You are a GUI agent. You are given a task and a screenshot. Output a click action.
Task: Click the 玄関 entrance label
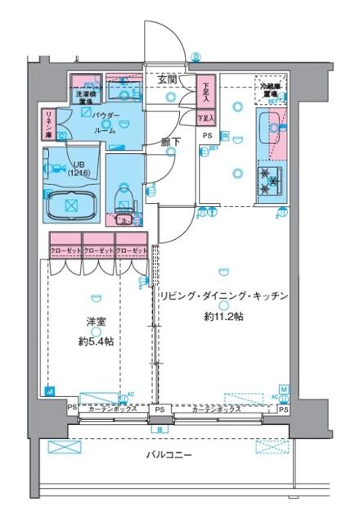point(169,79)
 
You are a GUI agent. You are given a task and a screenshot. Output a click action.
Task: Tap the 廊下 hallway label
point(170,141)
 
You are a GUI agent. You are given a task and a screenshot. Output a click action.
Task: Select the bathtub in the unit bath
point(70,203)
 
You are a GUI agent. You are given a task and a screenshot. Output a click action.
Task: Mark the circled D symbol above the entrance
point(196,57)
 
